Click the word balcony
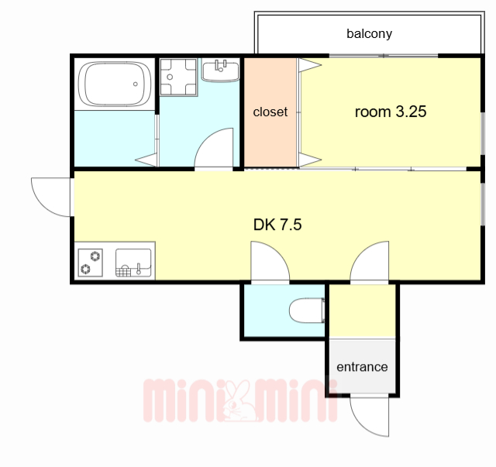pos(369,33)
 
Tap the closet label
pos(270,112)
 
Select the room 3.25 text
pos(391,112)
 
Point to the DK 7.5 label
pos(277,225)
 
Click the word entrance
pos(362,367)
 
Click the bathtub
pos(115,84)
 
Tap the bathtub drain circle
pos(136,84)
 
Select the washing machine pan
pos(178,77)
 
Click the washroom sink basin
pos(220,71)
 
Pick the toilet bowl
pos(307,311)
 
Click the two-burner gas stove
pos(91,263)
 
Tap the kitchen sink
pos(133,263)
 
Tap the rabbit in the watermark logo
pos(238,402)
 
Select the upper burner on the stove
pos(95,256)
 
